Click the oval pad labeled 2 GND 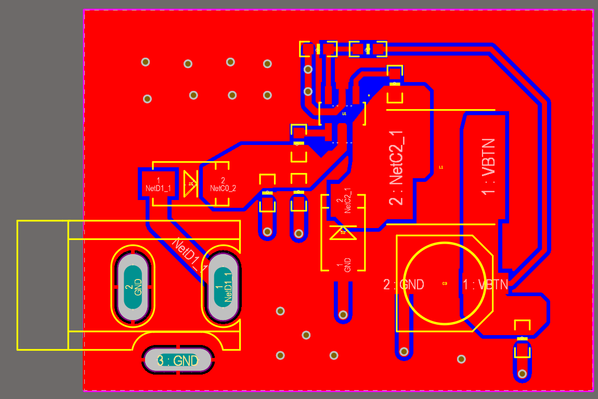pyautogui.click(x=133, y=286)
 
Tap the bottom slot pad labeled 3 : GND pyautogui.click(x=178, y=360)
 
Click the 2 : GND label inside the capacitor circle pyautogui.click(x=404, y=285)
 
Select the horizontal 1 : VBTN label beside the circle pyautogui.click(x=486, y=285)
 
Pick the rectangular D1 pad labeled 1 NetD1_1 pyautogui.click(x=159, y=184)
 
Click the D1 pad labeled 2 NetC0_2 pyautogui.click(x=223, y=184)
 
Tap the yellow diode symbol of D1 pyautogui.click(x=191, y=184)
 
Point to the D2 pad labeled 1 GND pyautogui.click(x=343, y=263)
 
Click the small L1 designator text pyautogui.click(x=441, y=167)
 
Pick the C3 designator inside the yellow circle pyautogui.click(x=445, y=284)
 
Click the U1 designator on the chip pyautogui.click(x=344, y=113)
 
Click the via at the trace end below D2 pyautogui.click(x=343, y=314)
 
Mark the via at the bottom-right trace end pyautogui.click(x=522, y=373)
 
